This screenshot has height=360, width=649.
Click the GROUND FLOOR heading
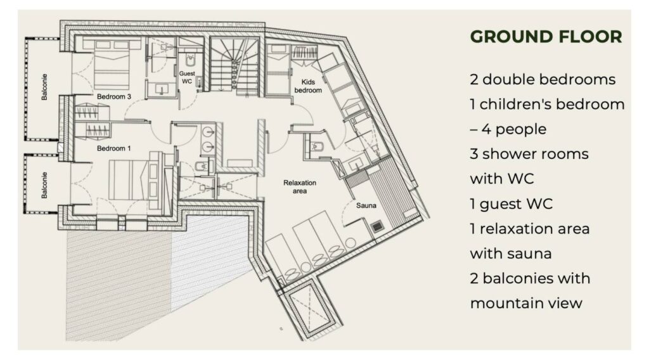click(546, 36)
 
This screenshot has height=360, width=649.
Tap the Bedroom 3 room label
click(114, 96)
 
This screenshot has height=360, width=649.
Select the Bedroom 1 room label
click(114, 148)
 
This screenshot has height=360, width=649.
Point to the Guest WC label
click(187, 77)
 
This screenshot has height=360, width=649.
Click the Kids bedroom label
click(308, 86)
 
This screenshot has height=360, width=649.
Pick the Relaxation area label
click(300, 186)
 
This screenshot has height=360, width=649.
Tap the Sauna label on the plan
click(366, 205)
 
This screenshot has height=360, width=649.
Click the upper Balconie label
click(44, 87)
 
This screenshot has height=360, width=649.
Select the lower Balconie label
click(44, 185)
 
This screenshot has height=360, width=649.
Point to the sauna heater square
click(376, 227)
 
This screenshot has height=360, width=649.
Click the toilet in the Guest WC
click(190, 61)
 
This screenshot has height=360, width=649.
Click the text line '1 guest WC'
click(511, 203)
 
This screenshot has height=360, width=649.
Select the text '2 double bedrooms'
click(543, 79)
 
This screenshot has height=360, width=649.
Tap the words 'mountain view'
click(526, 303)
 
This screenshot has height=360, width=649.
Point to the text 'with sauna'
click(511, 254)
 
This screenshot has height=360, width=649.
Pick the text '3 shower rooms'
click(529, 154)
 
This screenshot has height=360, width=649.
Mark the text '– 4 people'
click(508, 129)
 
